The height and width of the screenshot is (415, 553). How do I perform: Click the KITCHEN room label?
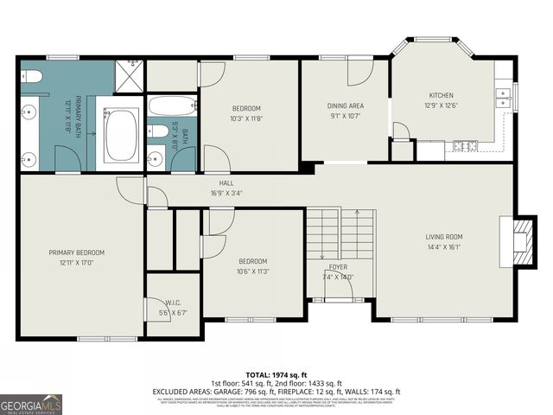[441, 95]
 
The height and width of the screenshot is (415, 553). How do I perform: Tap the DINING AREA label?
[344, 105]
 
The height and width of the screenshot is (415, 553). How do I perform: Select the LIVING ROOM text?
[444, 236]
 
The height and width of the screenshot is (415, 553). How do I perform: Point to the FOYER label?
[339, 267]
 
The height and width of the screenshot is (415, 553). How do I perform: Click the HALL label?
[226, 183]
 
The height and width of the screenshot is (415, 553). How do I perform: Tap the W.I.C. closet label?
[173, 302]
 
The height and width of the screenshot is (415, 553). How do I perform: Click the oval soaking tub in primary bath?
[121, 135]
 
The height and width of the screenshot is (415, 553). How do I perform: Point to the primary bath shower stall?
[130, 75]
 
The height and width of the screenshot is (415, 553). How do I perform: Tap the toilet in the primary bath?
[30, 77]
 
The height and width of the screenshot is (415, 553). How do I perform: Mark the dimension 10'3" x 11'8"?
[246, 118]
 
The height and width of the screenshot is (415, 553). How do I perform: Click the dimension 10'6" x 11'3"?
[252, 271]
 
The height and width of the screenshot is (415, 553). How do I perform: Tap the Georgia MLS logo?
[31, 404]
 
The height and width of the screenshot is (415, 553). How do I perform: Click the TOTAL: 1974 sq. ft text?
[276, 373]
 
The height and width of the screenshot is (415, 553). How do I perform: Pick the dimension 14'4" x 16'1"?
[444, 246]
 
